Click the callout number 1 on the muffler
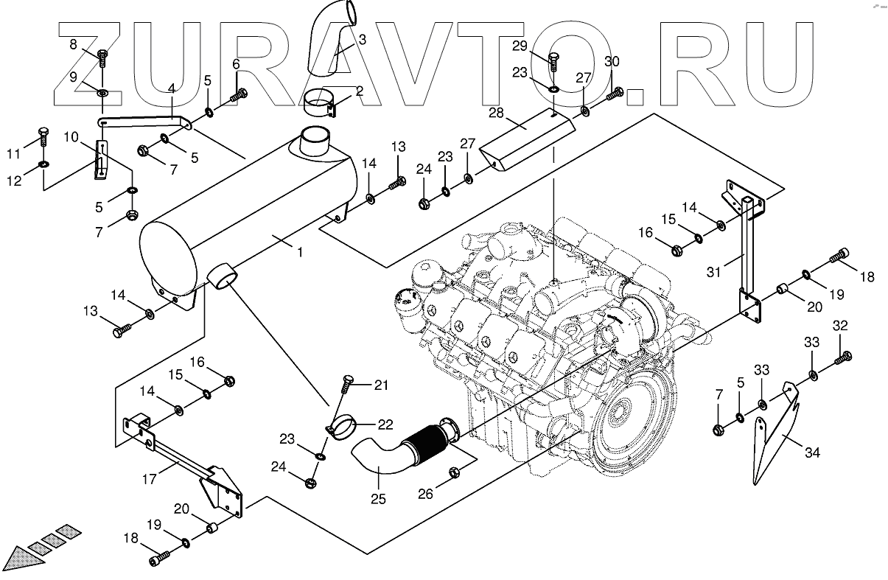point(300,252)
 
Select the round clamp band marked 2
point(321,102)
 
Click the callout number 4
point(171,89)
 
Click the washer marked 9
point(102,92)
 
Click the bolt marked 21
point(347,382)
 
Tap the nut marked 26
point(455,472)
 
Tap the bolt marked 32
point(843,359)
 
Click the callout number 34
point(812,453)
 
